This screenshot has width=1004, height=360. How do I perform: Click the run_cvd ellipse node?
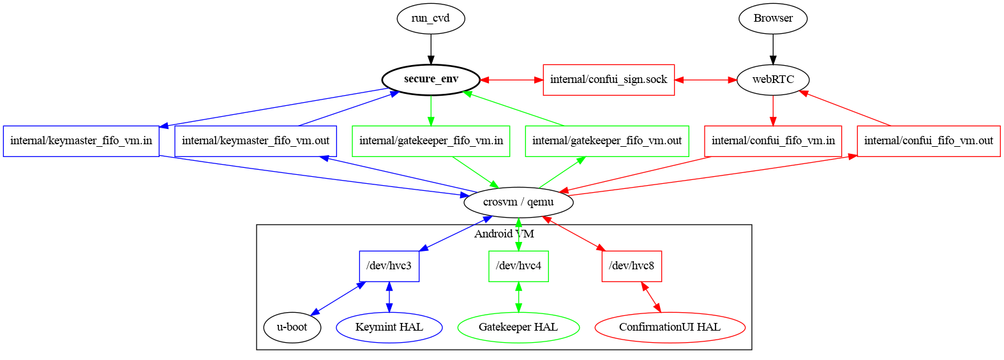point(431,18)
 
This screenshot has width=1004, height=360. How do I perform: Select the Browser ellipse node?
point(773,18)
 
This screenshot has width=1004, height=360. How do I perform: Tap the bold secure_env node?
point(431,80)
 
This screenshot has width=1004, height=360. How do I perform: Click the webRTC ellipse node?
point(773,80)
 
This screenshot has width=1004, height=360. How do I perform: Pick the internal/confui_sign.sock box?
point(608,80)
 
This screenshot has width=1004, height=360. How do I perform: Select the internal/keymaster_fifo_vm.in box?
point(81,141)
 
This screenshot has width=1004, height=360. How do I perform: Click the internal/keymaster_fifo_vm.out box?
point(255,141)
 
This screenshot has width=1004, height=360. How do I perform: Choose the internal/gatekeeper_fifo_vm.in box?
point(431,141)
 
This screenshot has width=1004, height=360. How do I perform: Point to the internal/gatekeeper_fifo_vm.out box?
point(607,141)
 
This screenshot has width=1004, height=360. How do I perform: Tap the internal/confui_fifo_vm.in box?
point(773,141)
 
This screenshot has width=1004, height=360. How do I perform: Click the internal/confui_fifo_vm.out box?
point(929,141)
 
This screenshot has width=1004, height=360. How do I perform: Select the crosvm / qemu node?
point(518,202)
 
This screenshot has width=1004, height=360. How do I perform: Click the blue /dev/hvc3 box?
point(389,266)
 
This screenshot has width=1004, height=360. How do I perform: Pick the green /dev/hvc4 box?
point(518,266)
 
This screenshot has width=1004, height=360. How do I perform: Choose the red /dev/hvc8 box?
point(632,266)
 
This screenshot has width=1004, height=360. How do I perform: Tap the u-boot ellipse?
point(292,327)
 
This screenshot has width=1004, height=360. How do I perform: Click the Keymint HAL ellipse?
point(389,327)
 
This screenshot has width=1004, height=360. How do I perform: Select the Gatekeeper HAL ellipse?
point(518,327)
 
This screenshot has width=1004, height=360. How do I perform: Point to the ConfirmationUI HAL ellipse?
point(670,327)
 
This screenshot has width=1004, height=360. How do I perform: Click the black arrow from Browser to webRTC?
point(773,49)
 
